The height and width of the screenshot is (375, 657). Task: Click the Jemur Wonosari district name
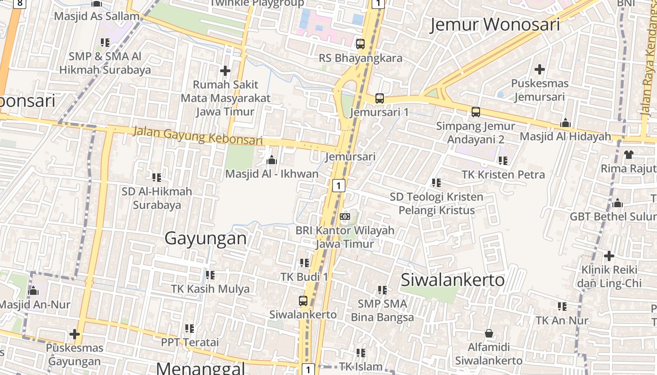coord(495,24)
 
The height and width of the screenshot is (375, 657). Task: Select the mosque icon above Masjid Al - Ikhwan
coord(271,160)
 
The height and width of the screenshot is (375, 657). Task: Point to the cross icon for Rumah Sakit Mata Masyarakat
coord(225,71)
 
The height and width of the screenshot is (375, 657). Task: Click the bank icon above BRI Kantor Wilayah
coord(345,217)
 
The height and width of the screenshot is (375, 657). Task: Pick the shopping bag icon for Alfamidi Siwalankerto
coord(489,333)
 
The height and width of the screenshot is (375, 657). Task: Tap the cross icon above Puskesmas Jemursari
coord(540,69)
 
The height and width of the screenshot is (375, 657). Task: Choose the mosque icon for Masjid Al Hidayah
coord(565,123)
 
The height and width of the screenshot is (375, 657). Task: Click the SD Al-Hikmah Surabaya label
coord(157,198)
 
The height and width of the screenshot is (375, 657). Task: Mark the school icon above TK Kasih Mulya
coord(210,275)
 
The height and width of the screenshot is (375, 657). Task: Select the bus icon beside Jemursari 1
coord(380,98)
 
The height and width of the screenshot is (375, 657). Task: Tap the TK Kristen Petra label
coord(504,175)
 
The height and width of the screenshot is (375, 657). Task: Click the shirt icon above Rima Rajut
coord(628,154)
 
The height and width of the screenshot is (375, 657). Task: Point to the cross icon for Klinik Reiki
coord(609,256)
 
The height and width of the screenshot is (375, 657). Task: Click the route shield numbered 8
coord(19,4)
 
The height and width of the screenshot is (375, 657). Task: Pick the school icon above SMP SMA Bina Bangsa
coord(382,290)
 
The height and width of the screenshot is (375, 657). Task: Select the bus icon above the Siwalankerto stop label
coord(303,301)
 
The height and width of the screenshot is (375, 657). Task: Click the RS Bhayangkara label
coord(360,58)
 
